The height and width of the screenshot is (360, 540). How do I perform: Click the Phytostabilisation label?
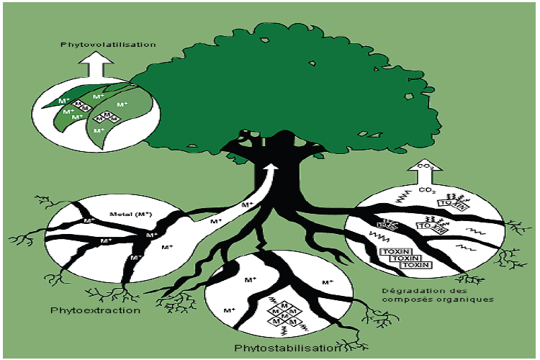coord(286,348)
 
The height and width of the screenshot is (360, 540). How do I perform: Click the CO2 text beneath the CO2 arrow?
coord(428,190)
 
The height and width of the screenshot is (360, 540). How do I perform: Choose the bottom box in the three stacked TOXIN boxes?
coord(416,265)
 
